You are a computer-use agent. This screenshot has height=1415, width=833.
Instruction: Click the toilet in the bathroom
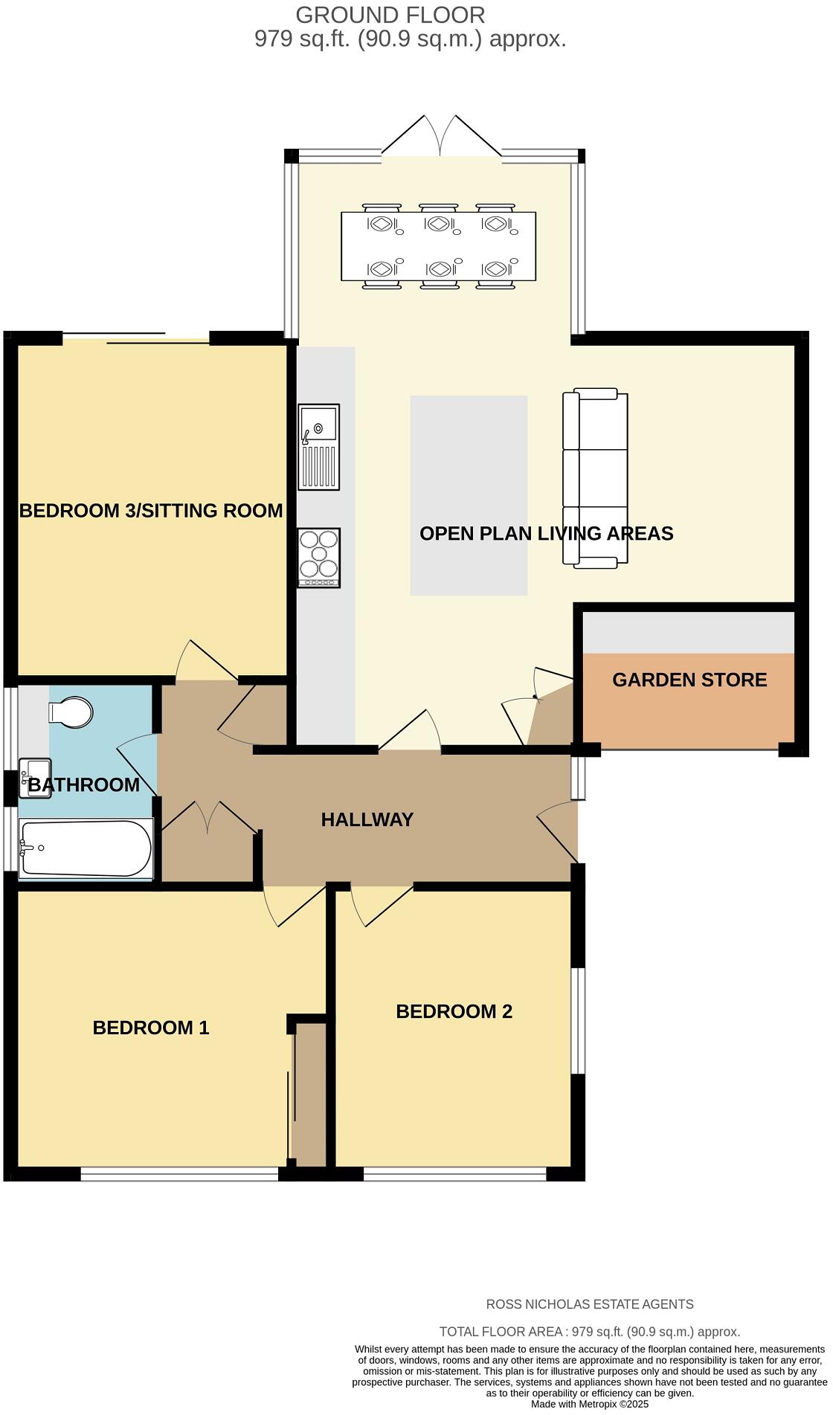pyautogui.click(x=71, y=712)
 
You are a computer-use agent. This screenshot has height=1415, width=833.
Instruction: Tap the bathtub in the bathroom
pyautogui.click(x=86, y=848)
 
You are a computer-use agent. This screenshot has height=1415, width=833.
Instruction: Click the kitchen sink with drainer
pyautogui.click(x=318, y=447)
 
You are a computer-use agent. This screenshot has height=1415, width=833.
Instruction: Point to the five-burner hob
pyautogui.click(x=318, y=557)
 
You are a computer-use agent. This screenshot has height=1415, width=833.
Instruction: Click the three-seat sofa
pyautogui.click(x=596, y=478)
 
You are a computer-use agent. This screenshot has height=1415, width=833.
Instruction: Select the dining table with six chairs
pyautogui.click(x=438, y=246)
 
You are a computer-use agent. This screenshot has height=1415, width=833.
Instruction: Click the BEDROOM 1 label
pyautogui.click(x=151, y=1028)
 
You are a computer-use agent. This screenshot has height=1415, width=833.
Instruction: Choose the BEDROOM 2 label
pyautogui.click(x=454, y=1011)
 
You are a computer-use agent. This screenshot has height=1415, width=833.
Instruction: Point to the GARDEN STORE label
pyautogui.click(x=689, y=680)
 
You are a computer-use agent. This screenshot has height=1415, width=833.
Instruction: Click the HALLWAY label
pyautogui.click(x=367, y=819)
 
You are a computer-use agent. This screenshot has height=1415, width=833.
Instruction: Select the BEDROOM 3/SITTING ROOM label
pyautogui.click(x=151, y=511)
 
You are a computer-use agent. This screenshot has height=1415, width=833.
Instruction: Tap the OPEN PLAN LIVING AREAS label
pyautogui.click(x=546, y=533)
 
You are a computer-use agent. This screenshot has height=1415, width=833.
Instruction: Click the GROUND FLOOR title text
pyautogui.click(x=390, y=15)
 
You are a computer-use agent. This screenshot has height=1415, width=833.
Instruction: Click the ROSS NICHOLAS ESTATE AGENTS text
pyautogui.click(x=589, y=1304)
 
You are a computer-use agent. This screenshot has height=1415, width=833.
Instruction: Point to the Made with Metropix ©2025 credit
pyautogui.click(x=589, y=1405)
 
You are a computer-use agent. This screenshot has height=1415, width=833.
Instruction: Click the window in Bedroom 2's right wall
pyautogui.click(x=578, y=1020)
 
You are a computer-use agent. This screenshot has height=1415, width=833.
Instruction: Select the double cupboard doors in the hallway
pyautogui.click(x=209, y=818)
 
